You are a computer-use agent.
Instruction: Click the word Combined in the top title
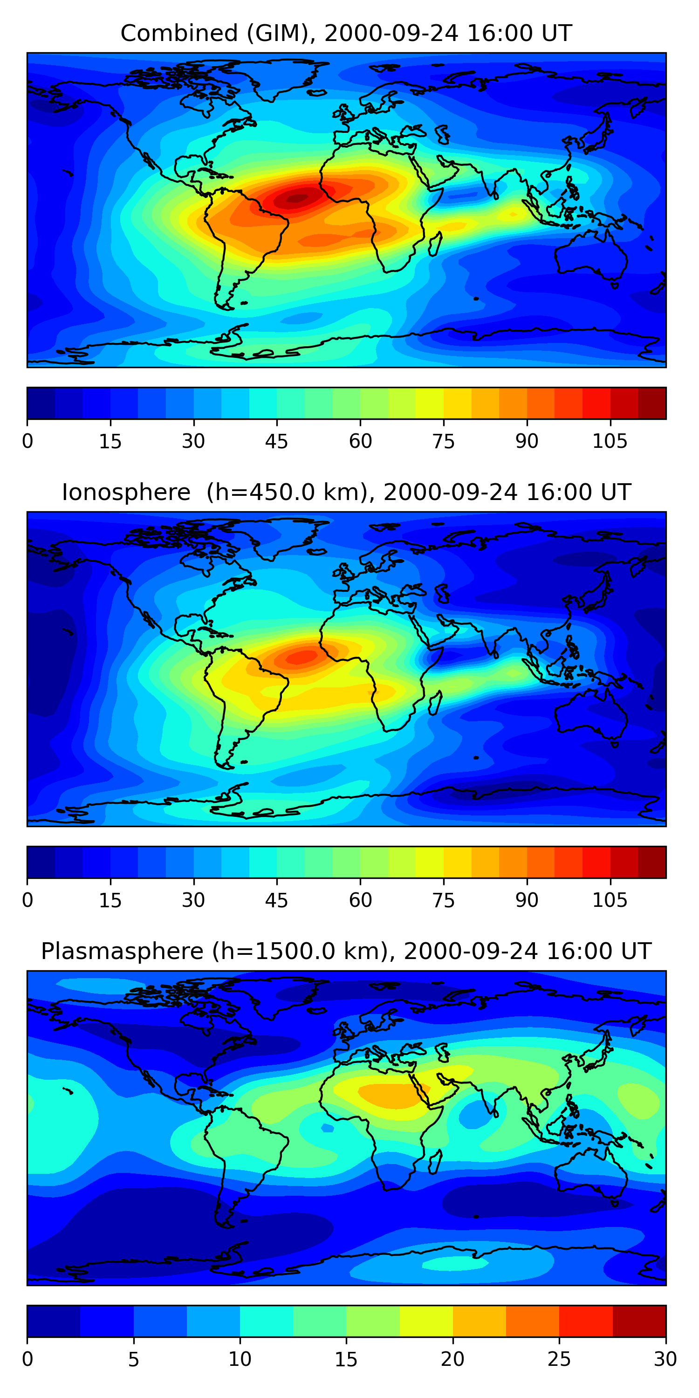[x=179, y=34]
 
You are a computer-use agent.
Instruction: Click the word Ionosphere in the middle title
[x=126, y=493]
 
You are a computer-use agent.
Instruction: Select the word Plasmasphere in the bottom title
[x=122, y=952]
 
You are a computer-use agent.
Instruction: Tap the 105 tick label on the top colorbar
[x=610, y=442]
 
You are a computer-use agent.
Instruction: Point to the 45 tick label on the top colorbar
[x=276, y=442]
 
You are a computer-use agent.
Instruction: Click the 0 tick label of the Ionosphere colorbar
[x=27, y=900]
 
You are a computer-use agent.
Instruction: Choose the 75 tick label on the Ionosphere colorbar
[x=443, y=900]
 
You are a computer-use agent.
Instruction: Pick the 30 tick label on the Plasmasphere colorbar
[x=665, y=1359]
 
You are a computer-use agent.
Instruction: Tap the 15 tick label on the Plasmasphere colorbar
[x=346, y=1359]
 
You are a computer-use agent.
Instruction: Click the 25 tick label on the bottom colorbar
[x=559, y=1359]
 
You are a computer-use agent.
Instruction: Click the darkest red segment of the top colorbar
[x=652, y=403]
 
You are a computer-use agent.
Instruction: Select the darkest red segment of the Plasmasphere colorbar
[x=639, y=1322]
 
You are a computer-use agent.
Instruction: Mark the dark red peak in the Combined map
[x=298, y=199]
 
